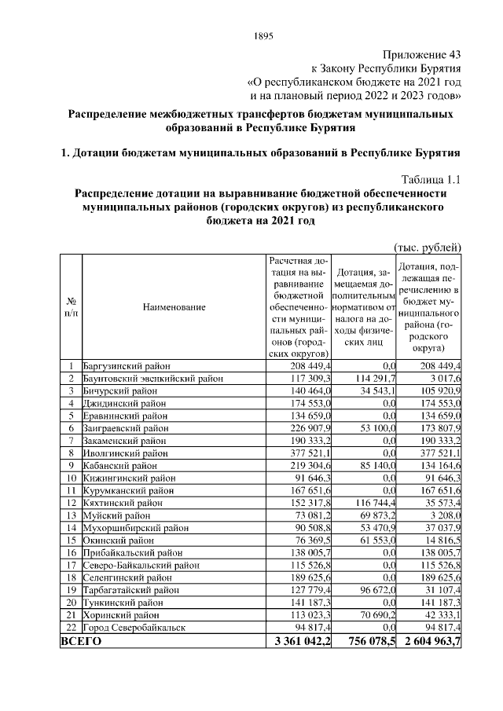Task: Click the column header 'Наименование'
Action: tap(174, 307)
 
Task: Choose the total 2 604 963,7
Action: tap(430, 641)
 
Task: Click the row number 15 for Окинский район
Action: tap(71, 540)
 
